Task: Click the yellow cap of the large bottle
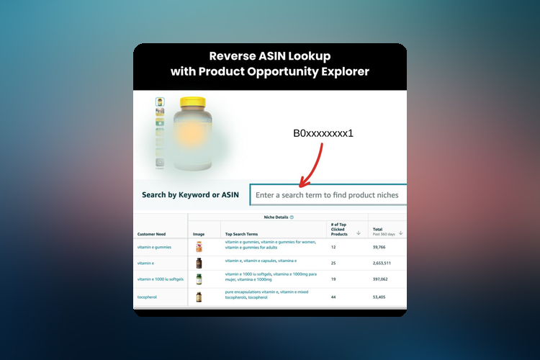pyautogui.click(x=192, y=104)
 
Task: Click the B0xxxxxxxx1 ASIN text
pyautogui.click(x=323, y=134)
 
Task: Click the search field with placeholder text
pyautogui.click(x=328, y=194)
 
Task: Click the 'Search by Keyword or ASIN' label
pyautogui.click(x=190, y=194)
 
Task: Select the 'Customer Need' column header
pyautogui.click(x=151, y=233)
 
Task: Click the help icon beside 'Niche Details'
pyautogui.click(x=291, y=217)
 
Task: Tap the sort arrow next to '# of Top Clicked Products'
pyautogui.click(x=359, y=233)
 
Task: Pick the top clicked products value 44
pyautogui.click(x=333, y=296)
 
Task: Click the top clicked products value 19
pyautogui.click(x=333, y=279)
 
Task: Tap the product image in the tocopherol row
pyautogui.click(x=199, y=296)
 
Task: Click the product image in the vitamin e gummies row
pyautogui.click(x=199, y=247)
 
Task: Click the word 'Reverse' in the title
pyautogui.click(x=229, y=56)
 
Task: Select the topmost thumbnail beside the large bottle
pyautogui.click(x=160, y=102)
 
